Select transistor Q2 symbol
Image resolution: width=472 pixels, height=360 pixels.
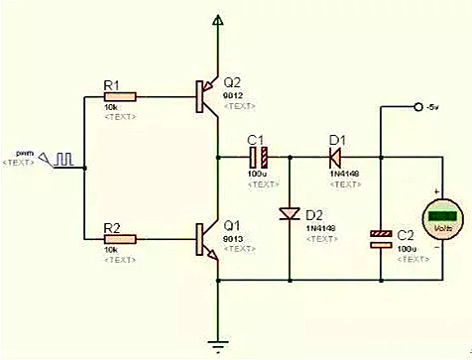[x=206, y=96]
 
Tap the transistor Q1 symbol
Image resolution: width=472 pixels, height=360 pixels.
[x=206, y=239]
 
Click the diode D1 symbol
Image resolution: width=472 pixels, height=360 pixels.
[x=336, y=157]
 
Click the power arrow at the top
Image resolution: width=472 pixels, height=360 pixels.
[x=217, y=22]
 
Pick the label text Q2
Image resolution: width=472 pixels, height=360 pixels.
[x=232, y=81]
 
